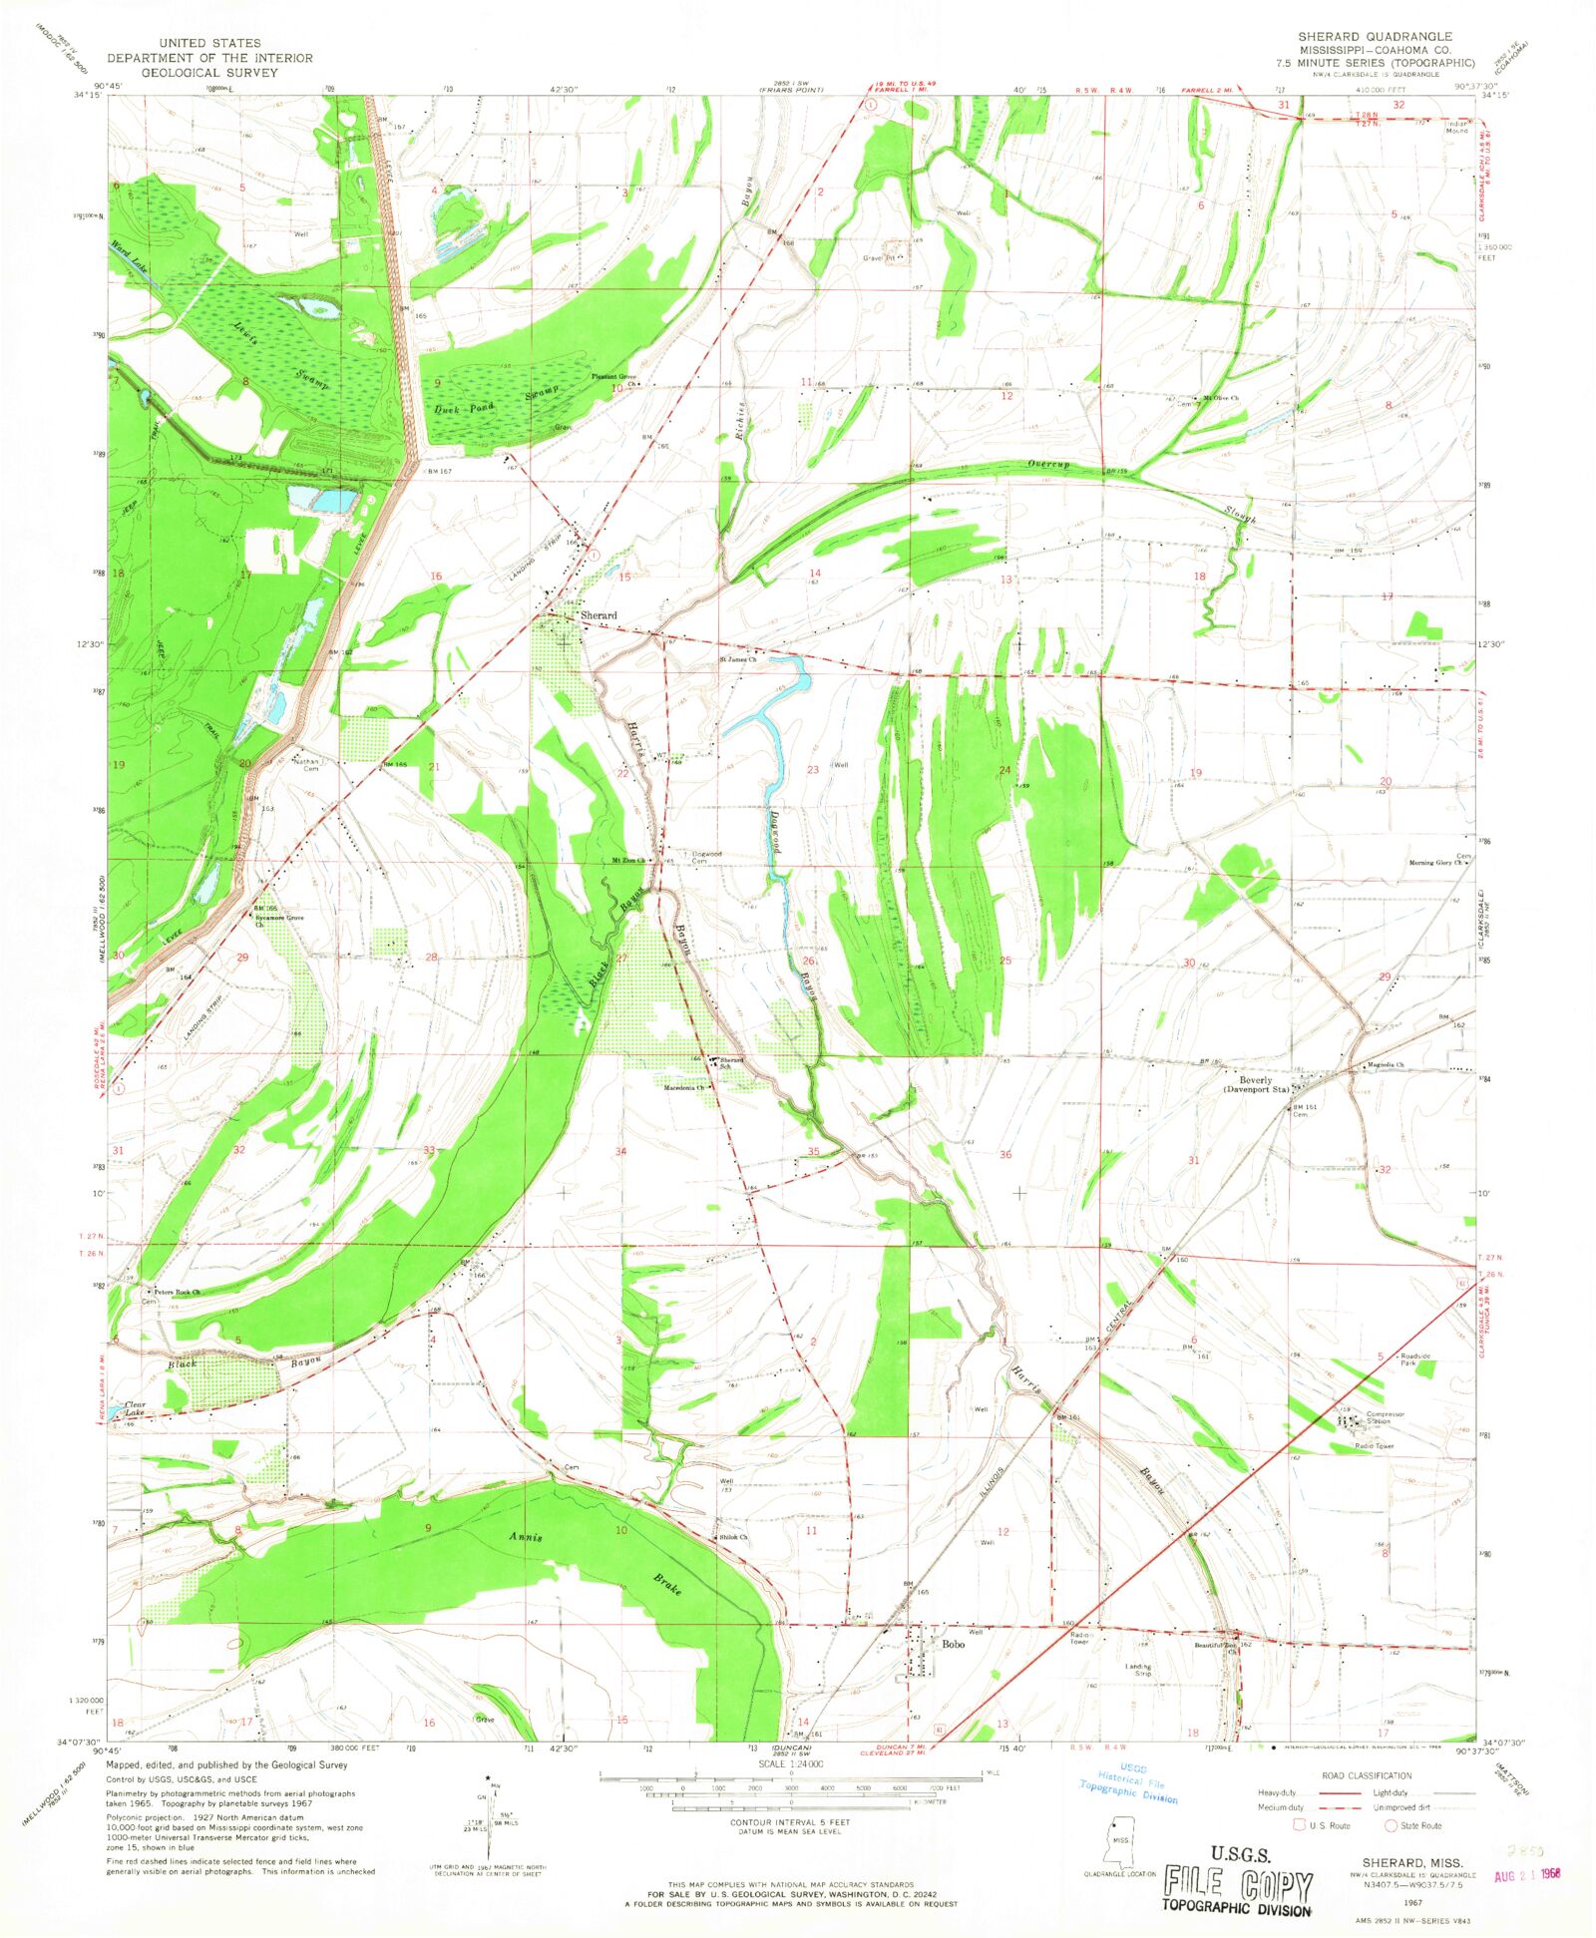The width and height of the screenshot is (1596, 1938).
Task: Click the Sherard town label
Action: tap(598, 615)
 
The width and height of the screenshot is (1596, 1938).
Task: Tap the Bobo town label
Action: tap(953, 1645)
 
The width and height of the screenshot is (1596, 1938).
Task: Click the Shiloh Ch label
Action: tap(733, 1537)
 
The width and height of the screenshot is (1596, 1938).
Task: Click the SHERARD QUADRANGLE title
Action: tap(1374, 36)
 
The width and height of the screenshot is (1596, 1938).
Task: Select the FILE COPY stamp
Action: tap(1237, 1884)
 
